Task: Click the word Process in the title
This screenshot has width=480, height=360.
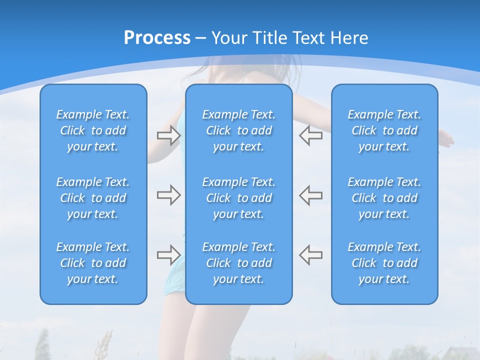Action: pos(157,38)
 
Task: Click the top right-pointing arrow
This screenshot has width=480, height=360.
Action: pos(168,135)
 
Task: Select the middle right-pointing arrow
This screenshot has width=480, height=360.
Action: pos(168,195)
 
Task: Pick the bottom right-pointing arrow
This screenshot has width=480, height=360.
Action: pos(168,254)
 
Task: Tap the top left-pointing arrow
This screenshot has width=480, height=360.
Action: pos(310,135)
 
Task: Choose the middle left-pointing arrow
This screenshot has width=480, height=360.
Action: pos(310,195)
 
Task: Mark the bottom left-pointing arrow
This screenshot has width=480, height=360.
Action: pos(310,254)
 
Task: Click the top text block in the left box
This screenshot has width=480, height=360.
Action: pos(93,130)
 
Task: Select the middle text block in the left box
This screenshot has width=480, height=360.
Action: pos(93,198)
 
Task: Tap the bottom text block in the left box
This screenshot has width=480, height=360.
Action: pos(93,263)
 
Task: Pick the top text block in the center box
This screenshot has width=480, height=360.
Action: pos(238,130)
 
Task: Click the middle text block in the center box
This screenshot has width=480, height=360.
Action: pos(238,198)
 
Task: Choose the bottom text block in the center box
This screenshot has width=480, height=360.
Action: pos(238,263)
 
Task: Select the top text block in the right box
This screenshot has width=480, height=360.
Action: pos(384,130)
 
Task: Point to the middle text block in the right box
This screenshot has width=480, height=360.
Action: pos(384,198)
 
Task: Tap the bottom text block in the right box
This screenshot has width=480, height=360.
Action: pos(384,263)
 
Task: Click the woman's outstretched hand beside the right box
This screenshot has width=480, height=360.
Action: pos(446,138)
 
